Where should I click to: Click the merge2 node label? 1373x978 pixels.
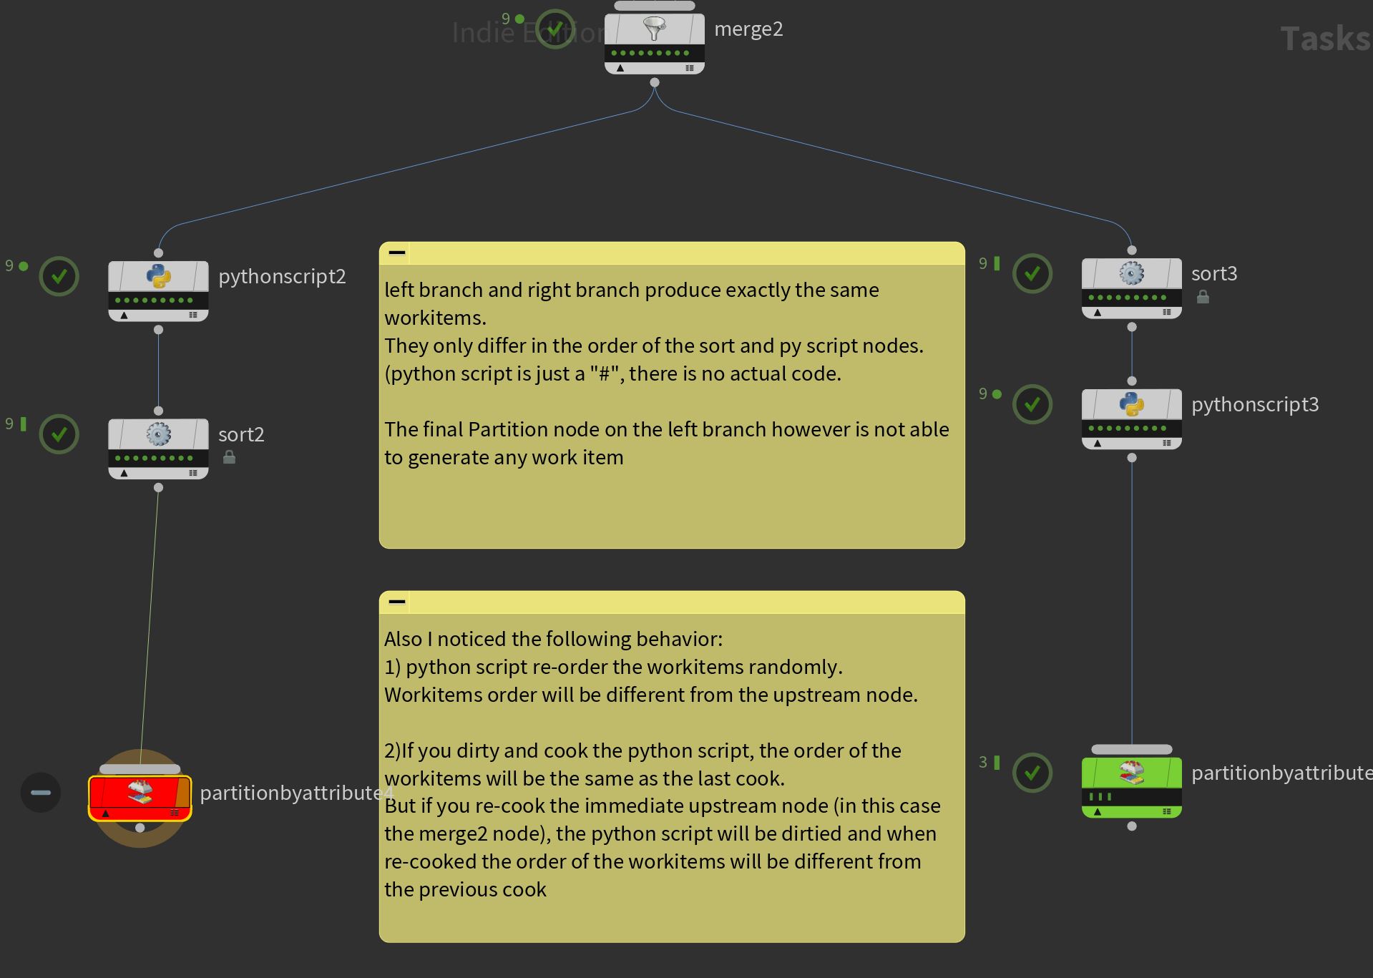(x=748, y=29)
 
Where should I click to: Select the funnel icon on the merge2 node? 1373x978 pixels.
(x=654, y=29)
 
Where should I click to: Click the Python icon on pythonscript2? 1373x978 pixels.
(x=158, y=276)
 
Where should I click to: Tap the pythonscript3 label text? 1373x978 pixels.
(x=1255, y=404)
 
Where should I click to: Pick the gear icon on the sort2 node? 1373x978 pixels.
(x=158, y=434)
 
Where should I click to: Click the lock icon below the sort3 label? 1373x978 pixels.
(x=1203, y=296)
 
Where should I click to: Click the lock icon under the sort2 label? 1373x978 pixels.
(x=229, y=456)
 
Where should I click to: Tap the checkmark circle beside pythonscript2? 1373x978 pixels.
(x=59, y=276)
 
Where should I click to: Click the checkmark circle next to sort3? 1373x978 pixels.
(x=1032, y=273)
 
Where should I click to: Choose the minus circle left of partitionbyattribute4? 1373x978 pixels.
(x=41, y=793)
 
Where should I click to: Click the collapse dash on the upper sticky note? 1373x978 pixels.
(x=397, y=253)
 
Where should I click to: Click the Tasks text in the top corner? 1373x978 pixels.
(x=1325, y=39)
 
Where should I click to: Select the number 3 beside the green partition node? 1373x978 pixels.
(x=983, y=762)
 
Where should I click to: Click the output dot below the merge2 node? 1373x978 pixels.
(x=655, y=82)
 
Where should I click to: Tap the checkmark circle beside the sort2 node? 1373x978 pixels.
(x=59, y=434)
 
